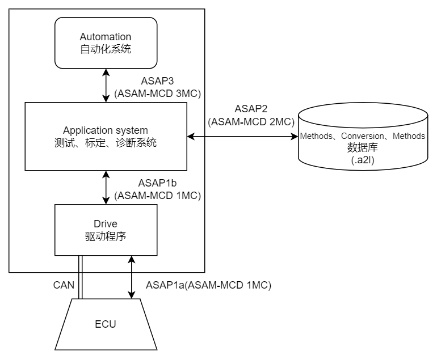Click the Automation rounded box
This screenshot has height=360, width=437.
pyautogui.click(x=106, y=43)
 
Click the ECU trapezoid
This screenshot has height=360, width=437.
pyautogui.click(x=106, y=324)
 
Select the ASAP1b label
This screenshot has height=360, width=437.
pyautogui.click(x=158, y=183)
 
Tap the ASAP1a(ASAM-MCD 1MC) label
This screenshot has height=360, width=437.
pyautogui.click(x=208, y=285)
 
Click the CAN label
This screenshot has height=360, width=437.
pyautogui.click(x=64, y=285)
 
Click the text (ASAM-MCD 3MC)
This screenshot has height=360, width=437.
pyautogui.click(x=158, y=94)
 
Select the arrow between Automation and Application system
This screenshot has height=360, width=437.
pyautogui.click(x=106, y=86)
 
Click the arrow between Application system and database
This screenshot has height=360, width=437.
pyautogui.click(x=243, y=136)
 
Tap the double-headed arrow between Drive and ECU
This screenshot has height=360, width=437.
pyautogui.click(x=132, y=277)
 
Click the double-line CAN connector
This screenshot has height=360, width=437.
pyautogui.click(x=81, y=277)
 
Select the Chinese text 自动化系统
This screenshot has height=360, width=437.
pyautogui.click(x=106, y=49)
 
